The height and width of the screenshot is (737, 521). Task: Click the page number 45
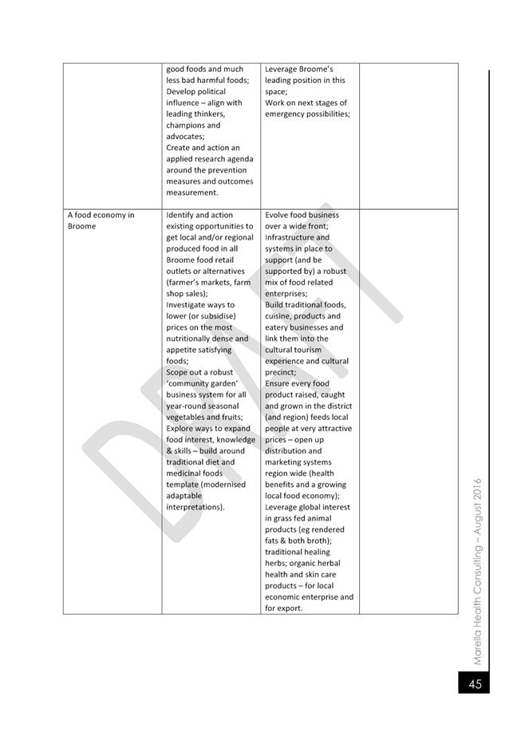(x=475, y=684)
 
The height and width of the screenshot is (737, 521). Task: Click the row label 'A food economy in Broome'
(x=101, y=220)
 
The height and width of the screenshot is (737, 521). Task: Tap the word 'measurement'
(x=191, y=192)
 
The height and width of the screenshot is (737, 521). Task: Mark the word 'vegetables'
(x=188, y=417)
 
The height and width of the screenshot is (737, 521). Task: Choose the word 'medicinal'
(x=186, y=473)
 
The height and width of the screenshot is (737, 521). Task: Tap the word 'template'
(x=183, y=484)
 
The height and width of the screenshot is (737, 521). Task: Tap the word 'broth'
(x=315, y=540)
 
